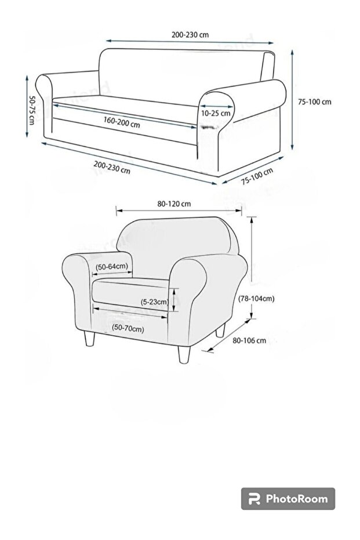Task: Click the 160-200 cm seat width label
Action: click(122, 122)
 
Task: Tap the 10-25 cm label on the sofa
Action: click(216, 113)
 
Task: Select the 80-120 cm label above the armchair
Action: click(174, 204)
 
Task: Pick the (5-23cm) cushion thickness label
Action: click(154, 302)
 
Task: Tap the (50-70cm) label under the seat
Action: click(128, 328)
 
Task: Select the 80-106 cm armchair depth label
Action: click(249, 340)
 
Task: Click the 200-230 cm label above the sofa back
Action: click(190, 34)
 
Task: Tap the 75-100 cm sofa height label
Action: click(315, 102)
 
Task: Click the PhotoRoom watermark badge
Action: click(288, 498)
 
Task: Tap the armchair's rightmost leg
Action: click(220, 331)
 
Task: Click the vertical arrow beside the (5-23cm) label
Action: click(172, 302)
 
